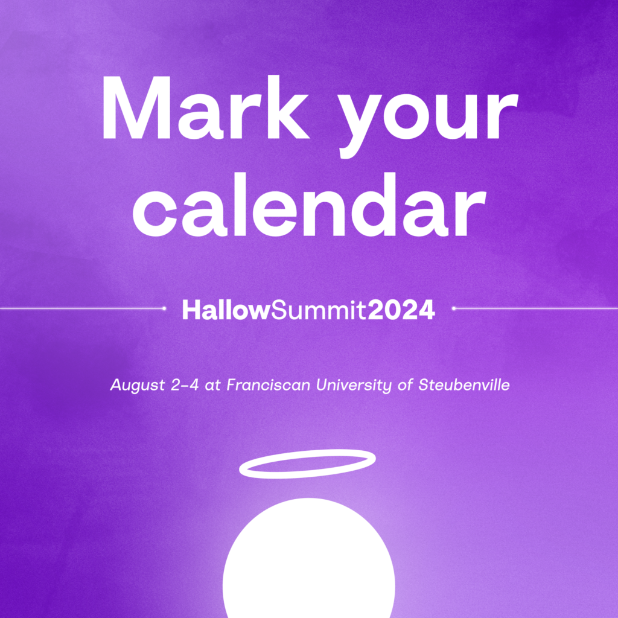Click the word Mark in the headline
point(205,107)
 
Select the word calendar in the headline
point(309,205)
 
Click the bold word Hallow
point(226,310)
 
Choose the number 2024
point(401,310)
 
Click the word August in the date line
point(137,385)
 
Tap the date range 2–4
point(185,384)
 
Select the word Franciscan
point(269,384)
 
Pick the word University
point(354,385)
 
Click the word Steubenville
point(464,384)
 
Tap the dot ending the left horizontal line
point(164,308)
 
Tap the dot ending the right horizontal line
point(454,308)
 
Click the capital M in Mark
point(136,107)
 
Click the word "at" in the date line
point(212,386)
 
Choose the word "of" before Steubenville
point(404,384)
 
